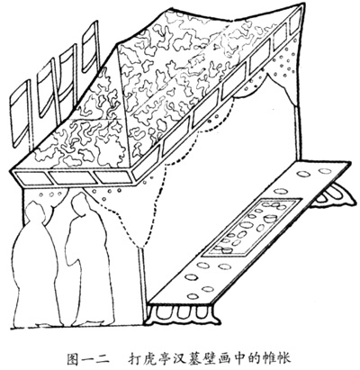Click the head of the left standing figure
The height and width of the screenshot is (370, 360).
click(x=34, y=212)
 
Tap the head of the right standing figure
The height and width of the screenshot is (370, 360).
click(x=78, y=203)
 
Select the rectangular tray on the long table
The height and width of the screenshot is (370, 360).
click(x=252, y=227)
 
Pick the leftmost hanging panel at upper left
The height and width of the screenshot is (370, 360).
click(x=21, y=114)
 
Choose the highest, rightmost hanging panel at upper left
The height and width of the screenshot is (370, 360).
click(x=91, y=47)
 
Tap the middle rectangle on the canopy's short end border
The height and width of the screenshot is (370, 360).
click(x=71, y=177)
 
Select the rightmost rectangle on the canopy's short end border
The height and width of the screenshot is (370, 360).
click(x=112, y=176)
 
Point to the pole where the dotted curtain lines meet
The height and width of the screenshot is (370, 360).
click(x=142, y=286)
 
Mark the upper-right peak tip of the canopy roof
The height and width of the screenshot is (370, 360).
click(x=301, y=4)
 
